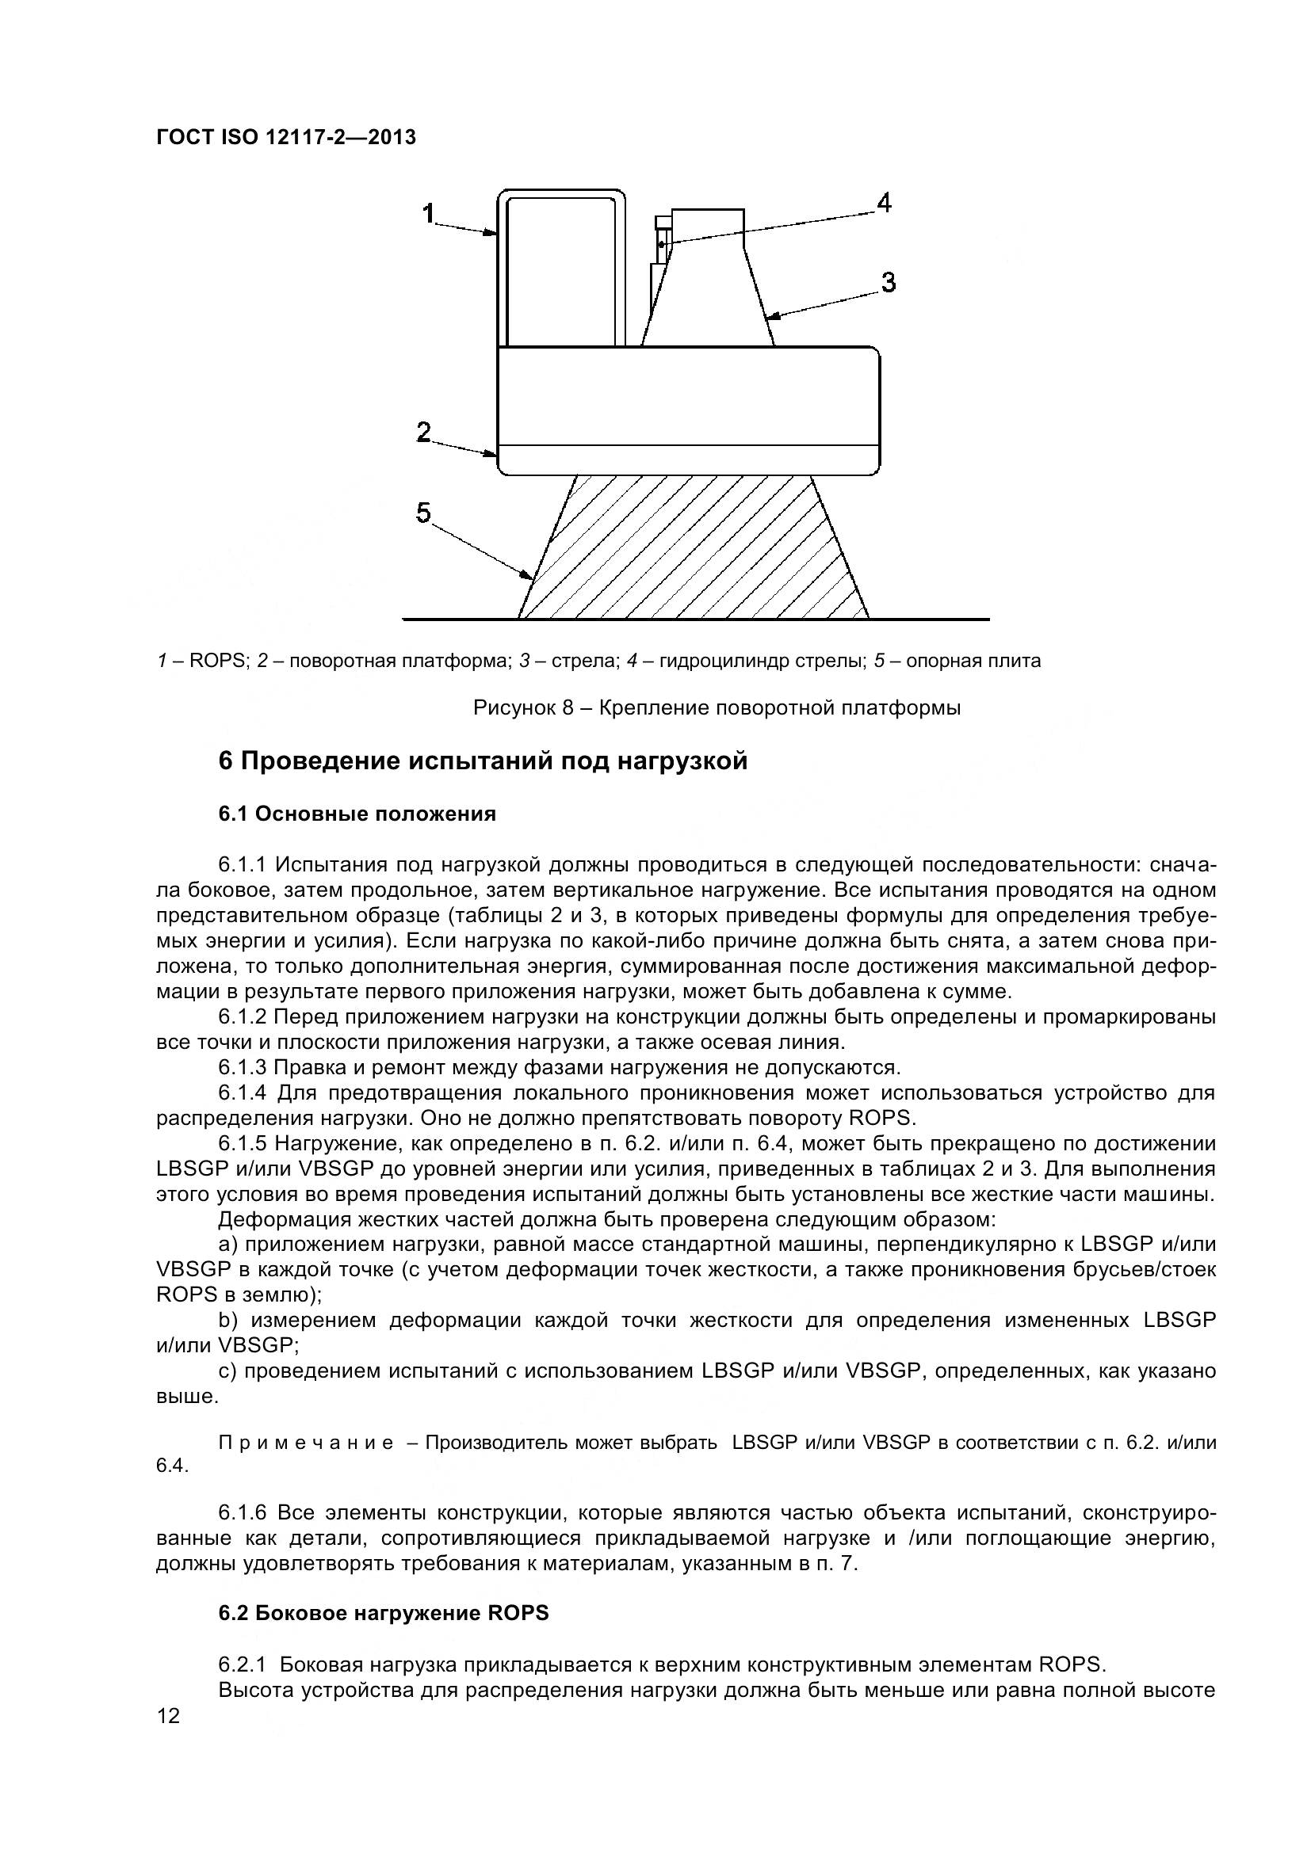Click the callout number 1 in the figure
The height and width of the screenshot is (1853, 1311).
[x=429, y=213]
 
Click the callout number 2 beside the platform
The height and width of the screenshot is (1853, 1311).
[x=424, y=432]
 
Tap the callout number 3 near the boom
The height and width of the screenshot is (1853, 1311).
[x=888, y=283]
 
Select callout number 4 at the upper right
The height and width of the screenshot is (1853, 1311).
[x=884, y=203]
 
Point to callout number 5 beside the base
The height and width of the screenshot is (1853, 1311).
[x=424, y=513]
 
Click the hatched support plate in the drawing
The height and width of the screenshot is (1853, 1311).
[x=694, y=549]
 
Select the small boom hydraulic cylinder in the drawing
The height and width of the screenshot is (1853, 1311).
[x=662, y=241]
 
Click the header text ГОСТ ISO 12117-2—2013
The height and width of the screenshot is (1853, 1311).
[x=286, y=138]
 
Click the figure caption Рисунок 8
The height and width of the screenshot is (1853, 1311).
[x=716, y=707]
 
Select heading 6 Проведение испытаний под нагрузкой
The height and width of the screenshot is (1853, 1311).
[x=483, y=761]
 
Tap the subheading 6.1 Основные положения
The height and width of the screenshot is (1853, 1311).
[x=357, y=814]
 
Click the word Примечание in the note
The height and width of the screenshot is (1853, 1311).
[x=306, y=1442]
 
